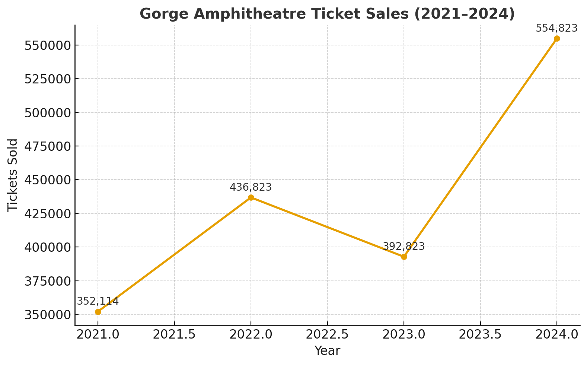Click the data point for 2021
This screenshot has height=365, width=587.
[x=98, y=312]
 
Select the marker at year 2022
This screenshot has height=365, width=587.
[x=251, y=197]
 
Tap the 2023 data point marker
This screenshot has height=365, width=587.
[x=404, y=257]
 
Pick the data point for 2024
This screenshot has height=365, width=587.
[x=557, y=39]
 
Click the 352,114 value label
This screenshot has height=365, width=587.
[x=98, y=301]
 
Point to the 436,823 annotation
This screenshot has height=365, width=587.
[x=251, y=187]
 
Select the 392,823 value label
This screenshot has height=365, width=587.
[x=403, y=247]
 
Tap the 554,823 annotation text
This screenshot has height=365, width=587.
[x=556, y=28]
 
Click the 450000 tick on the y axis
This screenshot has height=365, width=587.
[x=47, y=180]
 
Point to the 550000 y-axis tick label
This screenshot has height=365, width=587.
[x=47, y=45]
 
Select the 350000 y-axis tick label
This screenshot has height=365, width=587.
[x=47, y=315]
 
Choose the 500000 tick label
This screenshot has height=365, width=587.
[x=47, y=113]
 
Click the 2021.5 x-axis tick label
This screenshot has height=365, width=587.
[x=174, y=334]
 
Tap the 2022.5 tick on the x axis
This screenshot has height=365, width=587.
[x=327, y=334]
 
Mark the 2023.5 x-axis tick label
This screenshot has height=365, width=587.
[x=480, y=334]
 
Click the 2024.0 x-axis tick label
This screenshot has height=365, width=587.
[x=557, y=334]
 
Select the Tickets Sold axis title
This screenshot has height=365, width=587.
[x=13, y=175]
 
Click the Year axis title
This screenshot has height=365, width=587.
[x=327, y=351]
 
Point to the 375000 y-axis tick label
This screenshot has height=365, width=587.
[x=47, y=281]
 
